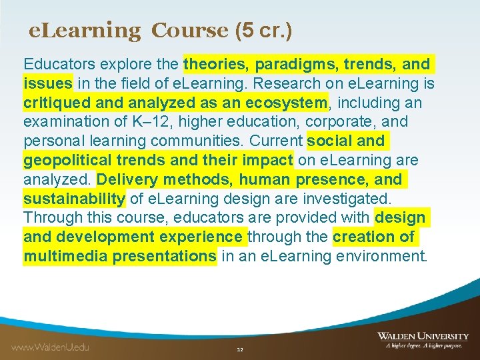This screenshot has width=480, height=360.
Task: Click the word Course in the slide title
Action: tap(190, 30)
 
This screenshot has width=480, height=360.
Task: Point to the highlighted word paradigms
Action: tap(287, 65)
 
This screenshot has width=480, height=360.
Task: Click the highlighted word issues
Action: tap(48, 84)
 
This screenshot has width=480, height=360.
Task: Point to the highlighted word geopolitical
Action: tap(66, 161)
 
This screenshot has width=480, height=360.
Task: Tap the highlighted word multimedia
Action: tap(65, 256)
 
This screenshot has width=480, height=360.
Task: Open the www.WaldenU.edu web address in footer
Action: tap(50, 347)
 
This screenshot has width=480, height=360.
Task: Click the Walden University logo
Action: tap(422, 340)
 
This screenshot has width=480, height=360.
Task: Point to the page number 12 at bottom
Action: tap(240, 349)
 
